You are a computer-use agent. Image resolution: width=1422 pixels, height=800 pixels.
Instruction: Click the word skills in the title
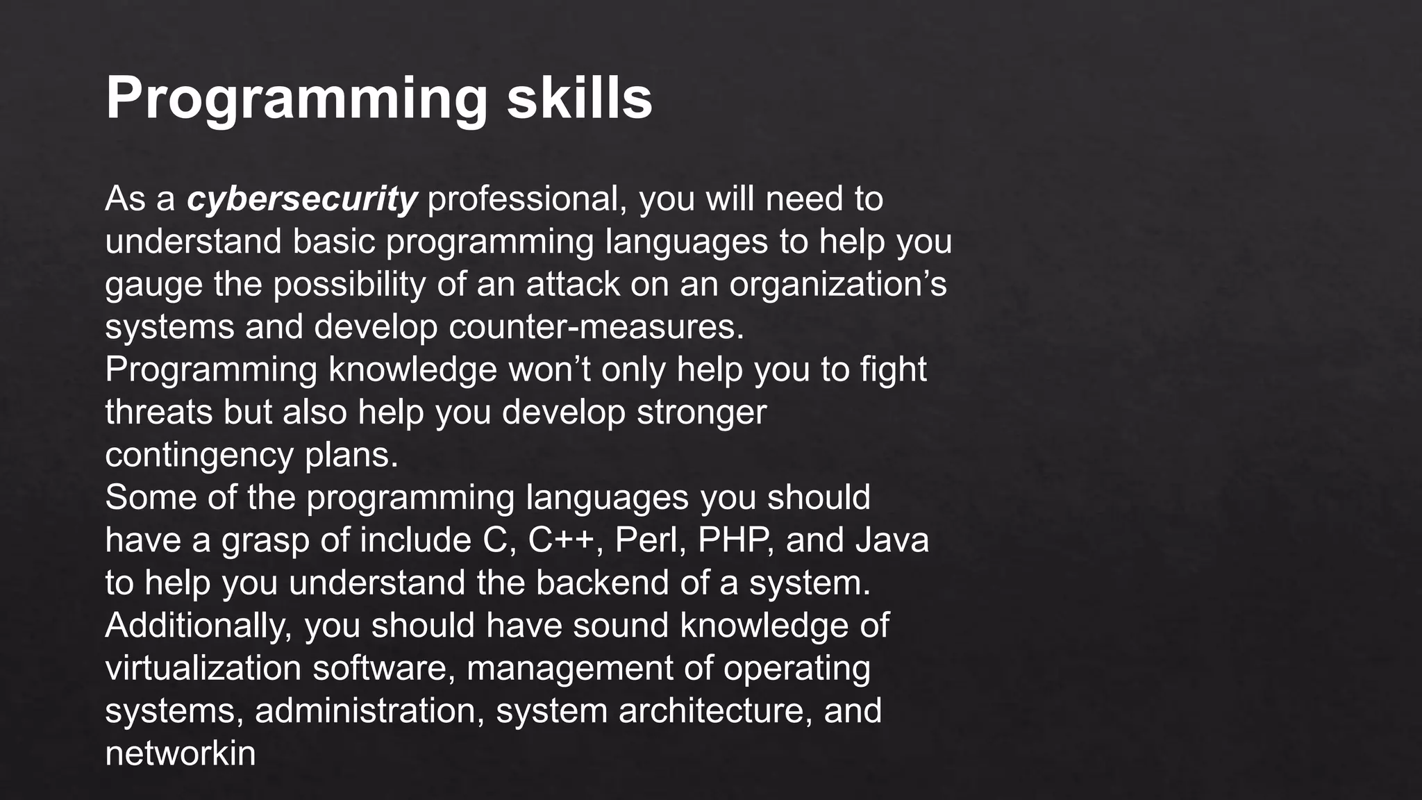pyautogui.click(x=579, y=98)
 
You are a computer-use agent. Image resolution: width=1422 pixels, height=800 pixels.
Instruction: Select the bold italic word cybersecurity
pyautogui.click(x=301, y=199)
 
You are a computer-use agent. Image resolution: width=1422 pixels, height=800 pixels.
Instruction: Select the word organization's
pyautogui.click(x=837, y=285)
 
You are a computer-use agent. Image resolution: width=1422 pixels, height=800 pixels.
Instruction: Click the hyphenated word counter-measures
pyautogui.click(x=596, y=327)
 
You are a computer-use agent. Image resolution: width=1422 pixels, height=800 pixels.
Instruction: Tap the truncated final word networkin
pyautogui.click(x=181, y=754)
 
